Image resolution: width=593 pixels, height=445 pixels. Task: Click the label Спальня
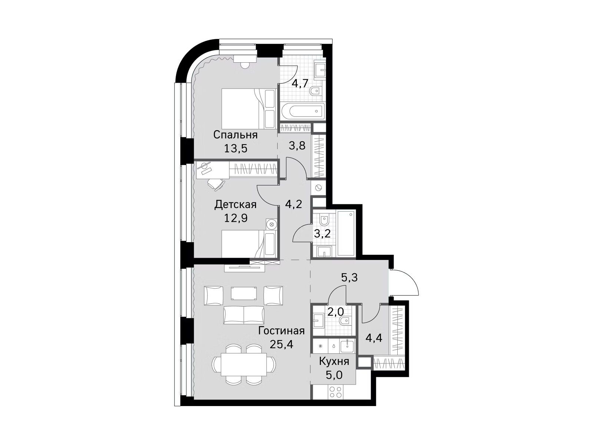pyautogui.click(x=235, y=135)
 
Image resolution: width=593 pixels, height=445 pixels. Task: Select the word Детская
pyautogui.click(x=235, y=205)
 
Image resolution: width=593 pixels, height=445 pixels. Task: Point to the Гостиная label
pyautogui.click(x=281, y=330)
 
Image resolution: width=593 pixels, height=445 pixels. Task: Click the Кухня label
pyautogui.click(x=334, y=361)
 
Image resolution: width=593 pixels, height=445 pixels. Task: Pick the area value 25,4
pyautogui.click(x=281, y=344)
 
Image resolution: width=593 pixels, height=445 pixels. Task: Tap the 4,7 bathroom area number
pyautogui.click(x=299, y=83)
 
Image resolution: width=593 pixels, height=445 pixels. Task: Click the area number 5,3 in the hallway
pyautogui.click(x=349, y=277)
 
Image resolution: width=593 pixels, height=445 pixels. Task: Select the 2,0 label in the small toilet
pyautogui.click(x=335, y=312)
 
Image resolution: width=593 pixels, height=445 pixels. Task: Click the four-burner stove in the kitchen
pyautogui.click(x=335, y=392)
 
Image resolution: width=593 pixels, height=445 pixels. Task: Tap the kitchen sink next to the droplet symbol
pyautogui.click(x=347, y=346)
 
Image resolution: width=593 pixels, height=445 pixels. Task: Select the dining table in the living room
pyautogui.click(x=244, y=364)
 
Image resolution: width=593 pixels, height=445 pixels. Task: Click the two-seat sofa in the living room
pyautogui.click(x=244, y=315)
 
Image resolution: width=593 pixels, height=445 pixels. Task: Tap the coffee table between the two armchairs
pyautogui.click(x=244, y=293)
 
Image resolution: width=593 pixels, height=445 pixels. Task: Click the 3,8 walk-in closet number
pyautogui.click(x=297, y=146)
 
